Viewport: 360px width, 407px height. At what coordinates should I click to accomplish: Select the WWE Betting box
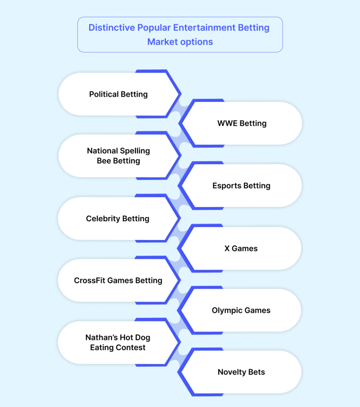point(242,124)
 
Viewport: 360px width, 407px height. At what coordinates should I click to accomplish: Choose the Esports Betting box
point(241,186)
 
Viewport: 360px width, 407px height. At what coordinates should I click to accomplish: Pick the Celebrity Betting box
point(117,219)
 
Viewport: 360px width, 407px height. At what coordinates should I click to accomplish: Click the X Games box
point(241,249)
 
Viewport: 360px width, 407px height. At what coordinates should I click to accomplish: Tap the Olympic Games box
point(241,310)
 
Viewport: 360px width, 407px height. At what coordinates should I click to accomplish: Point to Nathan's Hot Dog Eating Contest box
point(117,343)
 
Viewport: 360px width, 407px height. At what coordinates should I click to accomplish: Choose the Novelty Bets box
point(241,372)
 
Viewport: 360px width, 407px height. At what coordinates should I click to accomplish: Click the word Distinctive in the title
point(111,27)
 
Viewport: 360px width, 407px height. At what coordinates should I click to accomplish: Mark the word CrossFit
point(89,280)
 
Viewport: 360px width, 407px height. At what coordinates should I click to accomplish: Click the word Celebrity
point(103,219)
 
